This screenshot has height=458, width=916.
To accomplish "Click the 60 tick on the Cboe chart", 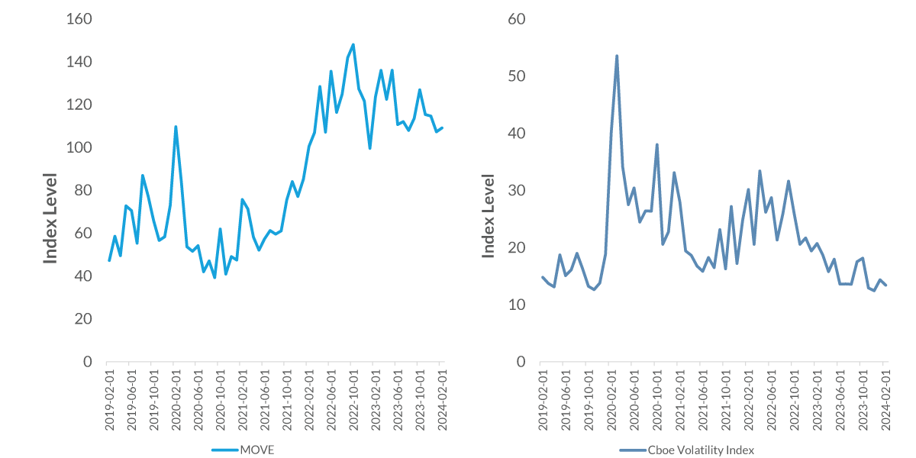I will tap(518, 18).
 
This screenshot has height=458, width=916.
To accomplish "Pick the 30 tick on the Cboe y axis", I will tap(518, 190).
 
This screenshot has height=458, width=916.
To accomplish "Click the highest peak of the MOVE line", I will tap(353, 44).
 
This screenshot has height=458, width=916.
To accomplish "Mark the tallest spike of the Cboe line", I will tap(617, 56).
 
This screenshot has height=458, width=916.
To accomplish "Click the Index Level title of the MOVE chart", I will tap(50, 218).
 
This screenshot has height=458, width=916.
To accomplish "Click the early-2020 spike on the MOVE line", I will tap(176, 127).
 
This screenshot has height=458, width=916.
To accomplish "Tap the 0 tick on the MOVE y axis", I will tap(87, 362).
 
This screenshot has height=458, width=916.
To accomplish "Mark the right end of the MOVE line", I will tap(442, 127).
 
